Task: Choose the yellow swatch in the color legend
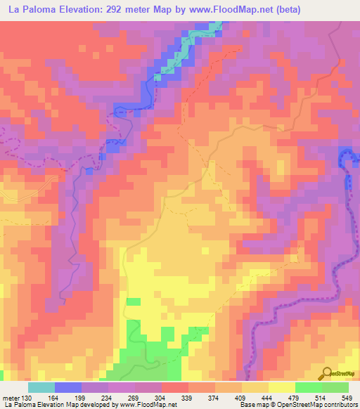(x=282, y=388)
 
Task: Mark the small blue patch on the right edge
(x=346, y=157)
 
